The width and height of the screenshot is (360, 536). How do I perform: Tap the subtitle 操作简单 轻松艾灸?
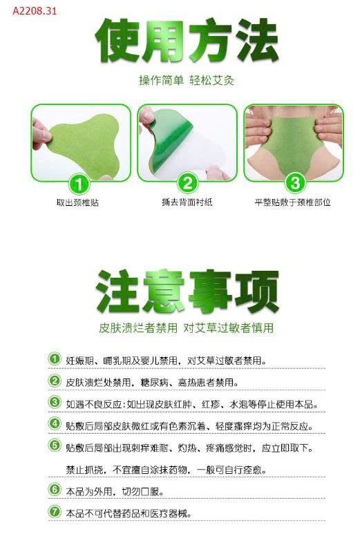(187, 80)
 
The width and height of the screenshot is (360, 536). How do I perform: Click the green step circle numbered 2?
(187, 183)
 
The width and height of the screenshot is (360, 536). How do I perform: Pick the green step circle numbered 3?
(294, 183)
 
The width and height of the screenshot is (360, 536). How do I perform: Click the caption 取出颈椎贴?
(78, 202)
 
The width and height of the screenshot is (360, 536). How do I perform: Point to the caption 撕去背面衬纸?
(186, 202)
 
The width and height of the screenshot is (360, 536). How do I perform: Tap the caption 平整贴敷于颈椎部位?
(293, 202)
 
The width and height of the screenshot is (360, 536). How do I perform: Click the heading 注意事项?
(187, 291)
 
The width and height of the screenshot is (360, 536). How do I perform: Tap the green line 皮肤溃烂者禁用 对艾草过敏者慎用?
(187, 327)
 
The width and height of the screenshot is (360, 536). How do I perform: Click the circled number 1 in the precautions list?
(55, 359)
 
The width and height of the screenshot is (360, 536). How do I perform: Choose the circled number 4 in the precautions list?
(55, 425)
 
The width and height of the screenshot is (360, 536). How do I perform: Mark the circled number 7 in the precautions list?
(55, 513)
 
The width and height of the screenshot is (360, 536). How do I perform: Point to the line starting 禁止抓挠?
(166, 470)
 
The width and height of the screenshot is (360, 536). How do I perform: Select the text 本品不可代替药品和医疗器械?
(128, 513)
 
